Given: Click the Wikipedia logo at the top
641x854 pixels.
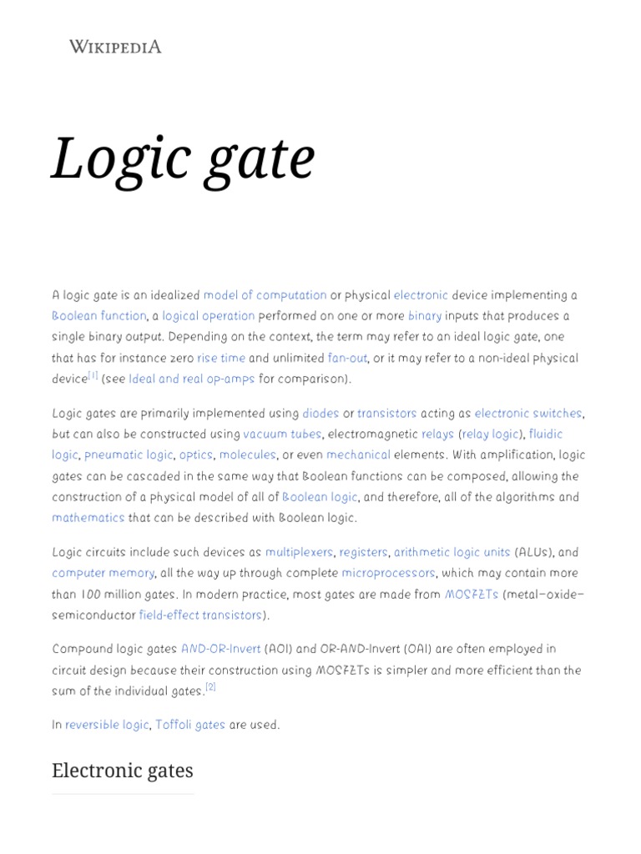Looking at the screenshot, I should click(115, 47).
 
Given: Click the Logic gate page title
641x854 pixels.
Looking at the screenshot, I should click(183, 158).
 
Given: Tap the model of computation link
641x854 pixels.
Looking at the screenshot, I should click(265, 295).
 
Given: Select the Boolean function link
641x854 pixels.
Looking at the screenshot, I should click(98, 316).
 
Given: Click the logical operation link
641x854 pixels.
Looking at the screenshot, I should click(208, 316).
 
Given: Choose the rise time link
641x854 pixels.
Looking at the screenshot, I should click(220, 358).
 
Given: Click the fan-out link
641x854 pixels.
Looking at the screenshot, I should click(347, 358).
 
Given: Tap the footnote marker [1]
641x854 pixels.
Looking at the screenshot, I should click(93, 376).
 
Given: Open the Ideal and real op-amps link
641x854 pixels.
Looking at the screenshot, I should click(191, 379).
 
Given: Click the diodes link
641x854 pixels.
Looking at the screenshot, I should click(320, 414).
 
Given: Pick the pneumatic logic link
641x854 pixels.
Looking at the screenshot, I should click(129, 455).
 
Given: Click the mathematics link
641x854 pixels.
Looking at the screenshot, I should click(88, 518).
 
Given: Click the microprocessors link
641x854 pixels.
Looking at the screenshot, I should click(388, 574).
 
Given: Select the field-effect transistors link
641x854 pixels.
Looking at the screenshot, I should click(199, 615).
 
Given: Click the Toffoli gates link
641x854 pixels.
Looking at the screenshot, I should click(189, 726).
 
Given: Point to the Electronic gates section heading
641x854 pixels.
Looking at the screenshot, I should click(122, 771).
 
